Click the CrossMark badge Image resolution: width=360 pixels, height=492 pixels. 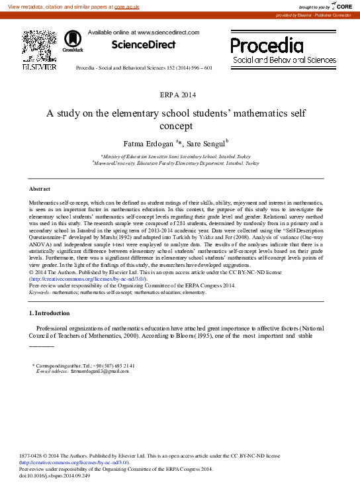coord(73,43)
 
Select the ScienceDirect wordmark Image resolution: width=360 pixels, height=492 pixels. coord(143,45)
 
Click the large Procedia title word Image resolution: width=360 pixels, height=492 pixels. coord(267,45)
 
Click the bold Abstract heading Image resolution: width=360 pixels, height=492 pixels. coord(40,189)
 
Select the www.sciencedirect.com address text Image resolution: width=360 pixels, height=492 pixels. coord(168,32)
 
